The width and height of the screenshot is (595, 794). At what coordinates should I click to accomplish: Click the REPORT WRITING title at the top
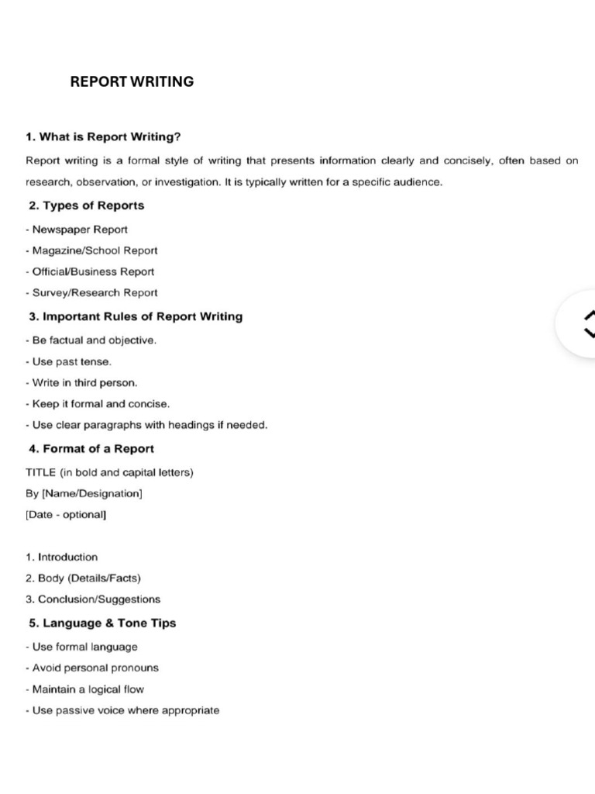(x=132, y=81)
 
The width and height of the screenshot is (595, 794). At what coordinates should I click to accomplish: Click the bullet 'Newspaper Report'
(x=77, y=230)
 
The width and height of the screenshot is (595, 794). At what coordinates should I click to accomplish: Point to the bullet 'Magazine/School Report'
(x=91, y=250)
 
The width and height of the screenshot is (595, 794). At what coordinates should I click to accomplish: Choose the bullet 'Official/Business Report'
(x=90, y=271)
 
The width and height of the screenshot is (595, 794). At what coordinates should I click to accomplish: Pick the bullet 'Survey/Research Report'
(x=91, y=292)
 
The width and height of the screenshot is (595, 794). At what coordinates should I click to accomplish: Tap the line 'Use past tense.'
(x=69, y=361)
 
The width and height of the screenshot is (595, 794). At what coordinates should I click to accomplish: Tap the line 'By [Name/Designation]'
(x=84, y=492)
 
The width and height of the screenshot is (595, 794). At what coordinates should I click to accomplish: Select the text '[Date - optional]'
(x=66, y=514)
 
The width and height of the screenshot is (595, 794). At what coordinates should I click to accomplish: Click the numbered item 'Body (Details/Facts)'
(x=84, y=578)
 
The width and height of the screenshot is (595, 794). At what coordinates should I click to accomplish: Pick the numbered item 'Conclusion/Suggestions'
(x=93, y=599)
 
